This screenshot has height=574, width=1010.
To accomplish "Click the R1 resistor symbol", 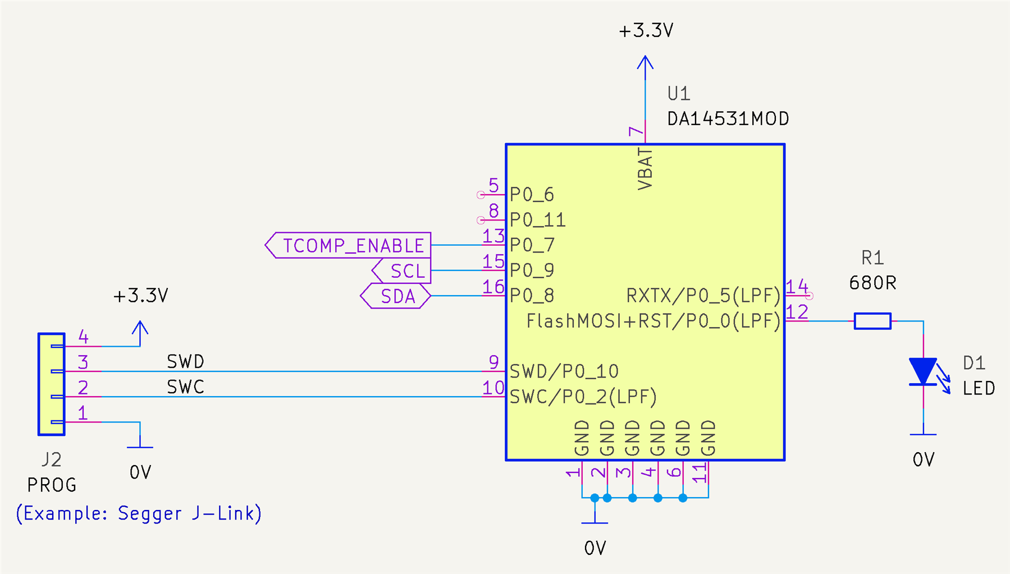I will click(x=872, y=321).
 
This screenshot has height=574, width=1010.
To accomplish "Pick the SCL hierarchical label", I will click(x=403, y=271).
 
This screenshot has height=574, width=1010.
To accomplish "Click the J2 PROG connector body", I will click(x=51, y=384).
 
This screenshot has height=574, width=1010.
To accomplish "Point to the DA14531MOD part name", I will click(x=728, y=119).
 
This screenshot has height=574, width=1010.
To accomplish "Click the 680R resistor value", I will click(x=872, y=283).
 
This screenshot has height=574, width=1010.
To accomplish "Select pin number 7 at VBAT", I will click(x=636, y=132).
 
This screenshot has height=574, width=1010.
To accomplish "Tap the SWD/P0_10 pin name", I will click(x=564, y=371).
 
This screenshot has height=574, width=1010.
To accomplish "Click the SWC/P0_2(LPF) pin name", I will click(x=583, y=397).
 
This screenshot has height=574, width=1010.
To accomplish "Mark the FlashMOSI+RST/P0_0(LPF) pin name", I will click(x=653, y=321).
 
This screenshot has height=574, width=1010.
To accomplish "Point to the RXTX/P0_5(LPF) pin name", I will click(x=703, y=296).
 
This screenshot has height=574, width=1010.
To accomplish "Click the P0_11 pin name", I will click(x=537, y=220).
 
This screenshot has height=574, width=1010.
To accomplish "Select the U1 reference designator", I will click(x=678, y=93).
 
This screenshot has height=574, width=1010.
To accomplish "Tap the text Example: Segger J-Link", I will click(x=139, y=513).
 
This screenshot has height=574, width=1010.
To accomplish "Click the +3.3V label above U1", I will click(x=646, y=30).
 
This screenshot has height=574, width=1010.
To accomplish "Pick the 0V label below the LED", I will click(x=923, y=460).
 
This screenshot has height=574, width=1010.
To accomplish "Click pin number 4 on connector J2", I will click(x=83, y=337).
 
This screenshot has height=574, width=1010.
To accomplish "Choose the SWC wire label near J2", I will click(x=185, y=387).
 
